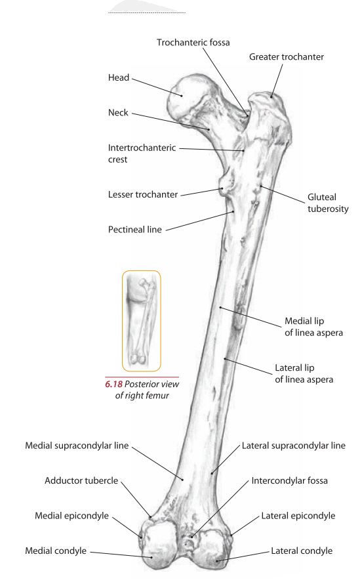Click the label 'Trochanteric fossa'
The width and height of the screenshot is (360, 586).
point(193,43)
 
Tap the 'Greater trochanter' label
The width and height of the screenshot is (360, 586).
point(287,57)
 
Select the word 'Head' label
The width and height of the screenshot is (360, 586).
point(119,77)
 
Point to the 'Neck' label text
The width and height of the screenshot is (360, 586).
point(118,112)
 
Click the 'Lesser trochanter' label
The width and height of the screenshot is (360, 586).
point(143,194)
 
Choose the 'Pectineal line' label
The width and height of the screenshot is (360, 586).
point(135,230)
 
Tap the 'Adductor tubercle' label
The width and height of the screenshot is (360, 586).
point(81,480)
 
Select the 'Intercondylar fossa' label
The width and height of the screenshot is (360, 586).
point(289,480)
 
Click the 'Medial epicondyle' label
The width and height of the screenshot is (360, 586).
point(71,516)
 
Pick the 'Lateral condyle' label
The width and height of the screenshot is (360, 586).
point(302,551)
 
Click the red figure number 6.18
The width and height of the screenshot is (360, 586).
point(113,384)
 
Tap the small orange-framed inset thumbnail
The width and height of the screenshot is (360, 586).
point(142,321)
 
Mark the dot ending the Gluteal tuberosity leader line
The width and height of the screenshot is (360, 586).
point(261,186)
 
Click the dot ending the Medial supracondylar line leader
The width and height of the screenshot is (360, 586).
point(182,479)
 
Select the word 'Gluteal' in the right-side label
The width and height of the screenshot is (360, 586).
point(322,197)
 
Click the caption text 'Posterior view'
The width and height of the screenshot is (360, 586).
point(151,384)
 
